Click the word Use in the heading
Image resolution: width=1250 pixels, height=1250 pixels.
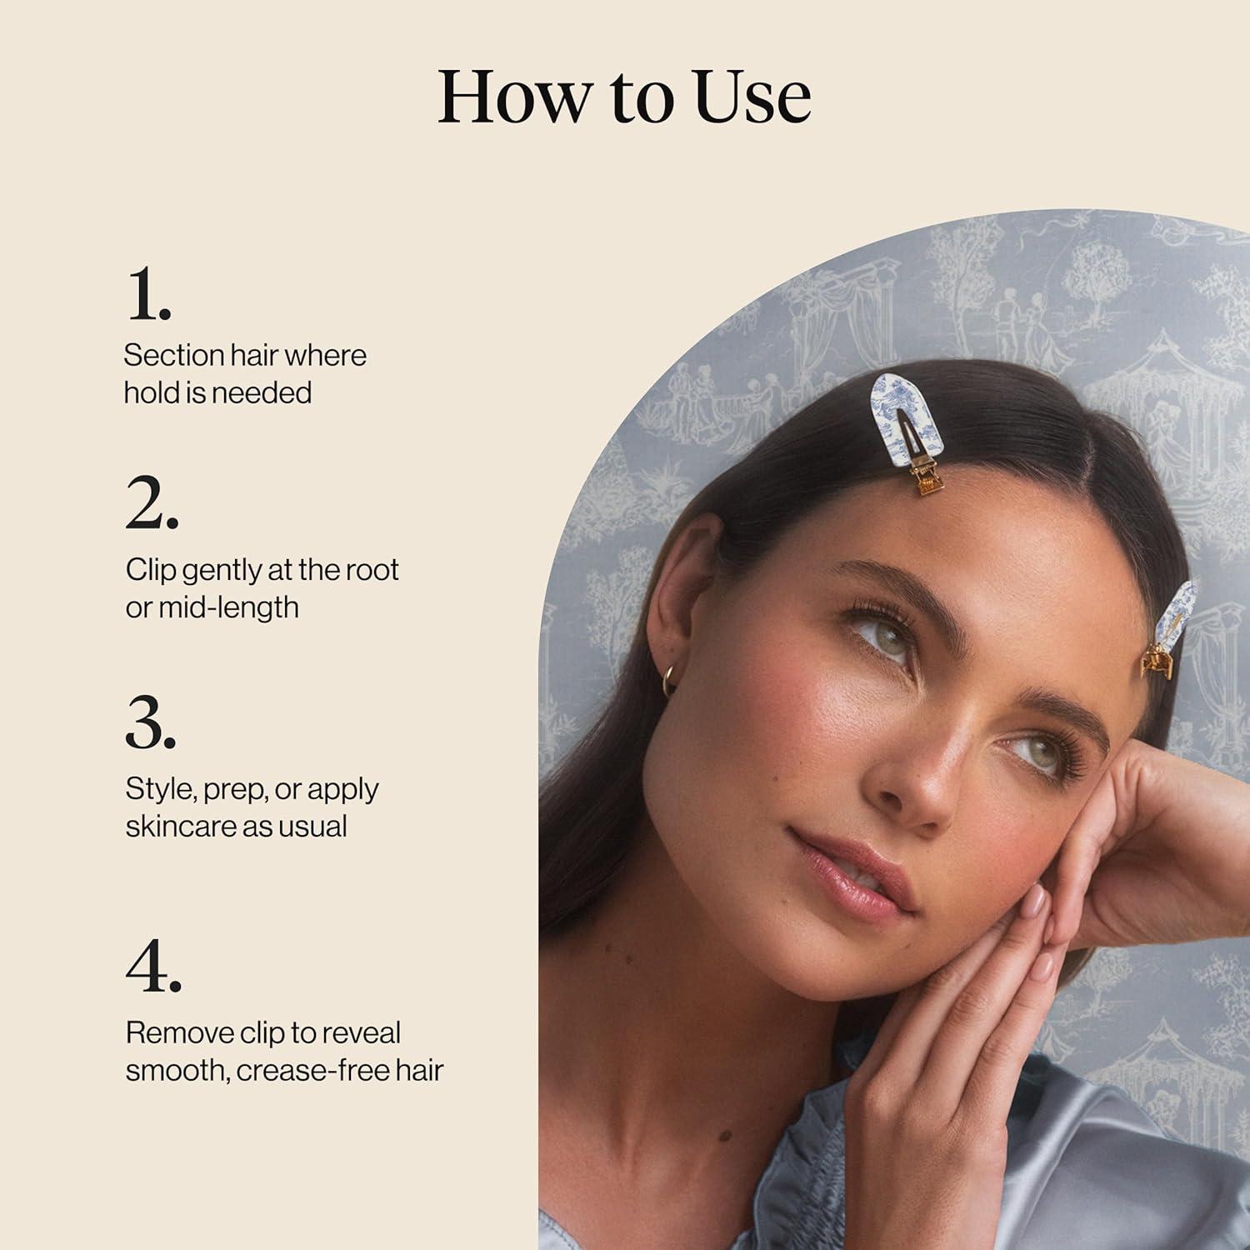pyautogui.click(x=753, y=97)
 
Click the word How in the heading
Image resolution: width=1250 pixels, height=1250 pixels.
pyautogui.click(x=514, y=97)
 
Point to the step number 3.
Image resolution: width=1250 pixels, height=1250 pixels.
pyautogui.click(x=151, y=722)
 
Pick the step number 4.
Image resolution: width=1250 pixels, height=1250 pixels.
pyautogui.click(x=153, y=967)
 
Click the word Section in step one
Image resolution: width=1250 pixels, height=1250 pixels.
pyautogui.click(x=173, y=356)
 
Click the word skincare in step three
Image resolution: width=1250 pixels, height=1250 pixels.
pyautogui.click(x=179, y=826)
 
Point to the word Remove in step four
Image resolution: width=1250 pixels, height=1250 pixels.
pyautogui.click(x=179, y=1033)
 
